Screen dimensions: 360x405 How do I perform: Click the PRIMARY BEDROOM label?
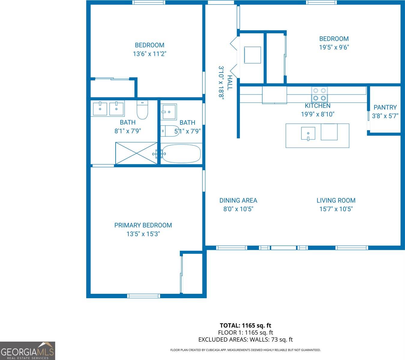(143, 225)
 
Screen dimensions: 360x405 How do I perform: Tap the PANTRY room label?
(385, 107)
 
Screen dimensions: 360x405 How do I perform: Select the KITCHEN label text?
(318, 106)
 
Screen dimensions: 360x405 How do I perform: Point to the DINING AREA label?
(238, 200)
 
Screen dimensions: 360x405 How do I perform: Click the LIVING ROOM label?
(336, 200)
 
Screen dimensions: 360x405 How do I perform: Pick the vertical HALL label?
(230, 82)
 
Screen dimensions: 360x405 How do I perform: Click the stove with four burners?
(319, 94)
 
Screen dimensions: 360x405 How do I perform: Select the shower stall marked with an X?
(136, 153)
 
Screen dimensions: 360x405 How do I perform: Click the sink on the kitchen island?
(308, 133)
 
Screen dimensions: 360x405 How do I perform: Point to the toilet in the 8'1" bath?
(142, 110)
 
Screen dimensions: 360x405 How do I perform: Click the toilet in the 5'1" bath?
(170, 131)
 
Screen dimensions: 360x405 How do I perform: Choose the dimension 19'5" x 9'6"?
(334, 47)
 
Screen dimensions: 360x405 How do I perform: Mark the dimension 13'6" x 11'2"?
(150, 54)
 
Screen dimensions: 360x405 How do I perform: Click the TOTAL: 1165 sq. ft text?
(245, 325)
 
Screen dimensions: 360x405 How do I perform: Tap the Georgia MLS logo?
(27, 351)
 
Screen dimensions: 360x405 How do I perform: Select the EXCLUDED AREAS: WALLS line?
(245, 340)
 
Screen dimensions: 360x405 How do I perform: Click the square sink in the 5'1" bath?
(169, 112)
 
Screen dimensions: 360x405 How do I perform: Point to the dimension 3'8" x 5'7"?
(385, 116)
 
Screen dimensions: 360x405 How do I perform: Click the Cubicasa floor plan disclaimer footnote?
(245, 350)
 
